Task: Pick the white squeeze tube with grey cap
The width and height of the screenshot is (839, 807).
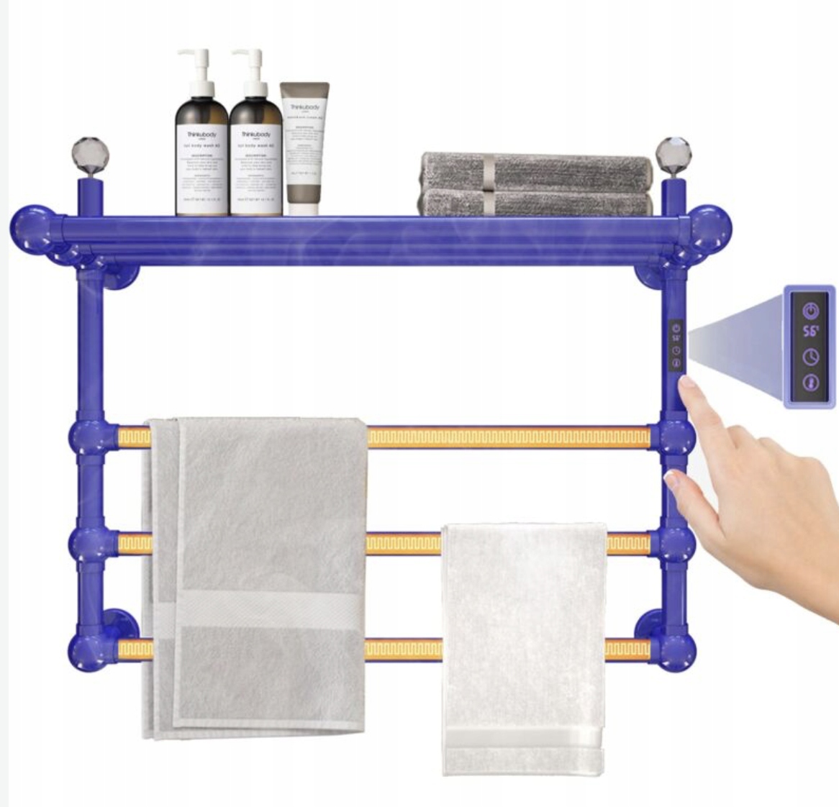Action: coord(304,147)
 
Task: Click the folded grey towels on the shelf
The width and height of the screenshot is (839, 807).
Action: coord(536,183)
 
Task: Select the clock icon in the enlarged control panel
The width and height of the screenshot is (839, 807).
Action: coord(811,357)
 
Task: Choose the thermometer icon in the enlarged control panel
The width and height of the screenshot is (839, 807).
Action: coord(811,381)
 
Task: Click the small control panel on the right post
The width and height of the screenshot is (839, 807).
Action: coord(676,345)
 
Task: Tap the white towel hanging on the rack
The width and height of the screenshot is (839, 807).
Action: coord(523,647)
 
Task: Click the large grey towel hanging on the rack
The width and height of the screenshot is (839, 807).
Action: coord(255,575)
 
